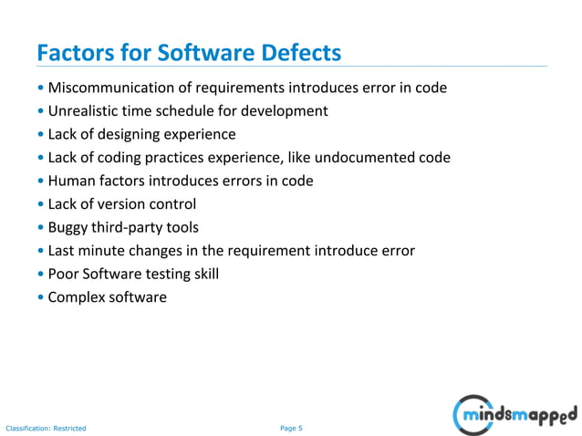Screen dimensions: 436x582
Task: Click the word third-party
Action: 130,227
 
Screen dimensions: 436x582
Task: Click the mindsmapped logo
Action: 514,415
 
